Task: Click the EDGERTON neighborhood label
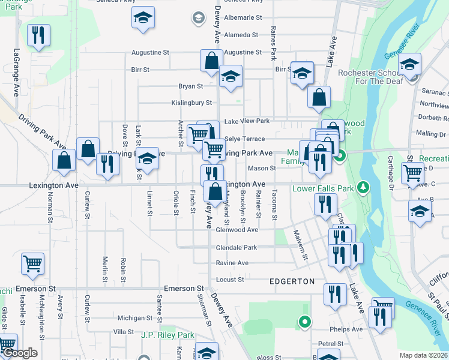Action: [x=292, y=281]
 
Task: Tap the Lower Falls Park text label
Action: [x=324, y=188]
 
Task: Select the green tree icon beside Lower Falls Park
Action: [x=362, y=188]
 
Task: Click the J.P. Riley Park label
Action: [x=168, y=335]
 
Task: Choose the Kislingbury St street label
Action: [x=191, y=103]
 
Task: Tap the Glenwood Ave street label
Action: [x=237, y=230]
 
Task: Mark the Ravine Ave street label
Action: [x=232, y=263]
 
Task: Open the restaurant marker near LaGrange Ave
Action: [x=38, y=35]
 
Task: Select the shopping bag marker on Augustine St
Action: [x=211, y=61]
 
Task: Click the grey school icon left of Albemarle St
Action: [x=197, y=18]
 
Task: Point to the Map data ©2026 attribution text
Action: [x=423, y=355]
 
